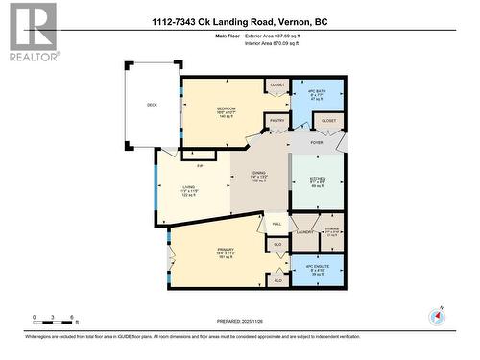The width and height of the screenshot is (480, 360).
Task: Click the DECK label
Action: point(152,105)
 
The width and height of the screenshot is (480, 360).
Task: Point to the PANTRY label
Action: point(277,121)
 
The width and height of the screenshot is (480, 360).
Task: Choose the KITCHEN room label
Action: point(317,180)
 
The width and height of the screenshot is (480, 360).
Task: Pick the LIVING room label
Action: point(189,187)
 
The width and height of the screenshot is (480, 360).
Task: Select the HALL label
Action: point(276,224)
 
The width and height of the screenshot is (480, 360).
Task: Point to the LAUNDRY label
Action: point(306,231)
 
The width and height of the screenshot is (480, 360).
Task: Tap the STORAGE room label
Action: point(332,229)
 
